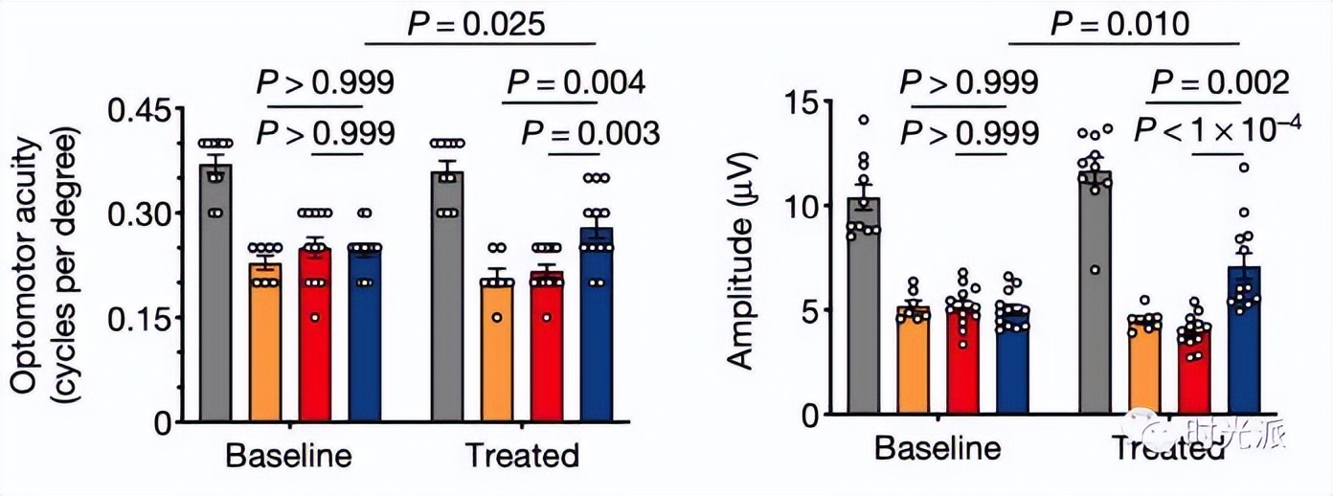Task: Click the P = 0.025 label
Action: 480,23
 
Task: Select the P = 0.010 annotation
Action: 1120,23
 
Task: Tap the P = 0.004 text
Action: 576,83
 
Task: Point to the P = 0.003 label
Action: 590,132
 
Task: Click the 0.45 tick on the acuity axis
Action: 140,110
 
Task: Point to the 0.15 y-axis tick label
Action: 140,318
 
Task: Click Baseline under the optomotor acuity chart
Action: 288,456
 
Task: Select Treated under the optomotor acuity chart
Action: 522,456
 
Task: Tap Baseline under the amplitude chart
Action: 938,450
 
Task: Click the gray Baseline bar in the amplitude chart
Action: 864,306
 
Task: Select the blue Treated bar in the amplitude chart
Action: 1244,341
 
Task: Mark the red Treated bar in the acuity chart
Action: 548,347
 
